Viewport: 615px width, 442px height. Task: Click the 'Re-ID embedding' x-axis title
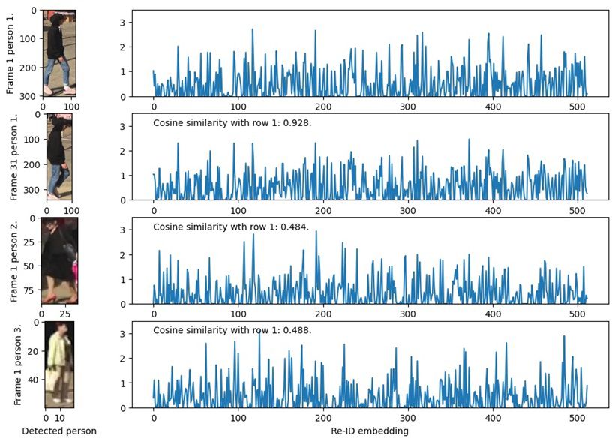[x=369, y=432]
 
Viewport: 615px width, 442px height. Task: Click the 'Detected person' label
[x=59, y=432]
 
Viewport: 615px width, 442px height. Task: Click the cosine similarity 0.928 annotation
[x=232, y=122]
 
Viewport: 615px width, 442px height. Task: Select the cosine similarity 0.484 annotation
[x=231, y=227]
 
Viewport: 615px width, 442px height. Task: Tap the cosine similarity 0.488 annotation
[x=232, y=330]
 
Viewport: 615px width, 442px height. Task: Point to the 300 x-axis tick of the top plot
[x=408, y=107]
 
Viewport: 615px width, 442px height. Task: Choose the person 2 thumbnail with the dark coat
[x=58, y=260]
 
